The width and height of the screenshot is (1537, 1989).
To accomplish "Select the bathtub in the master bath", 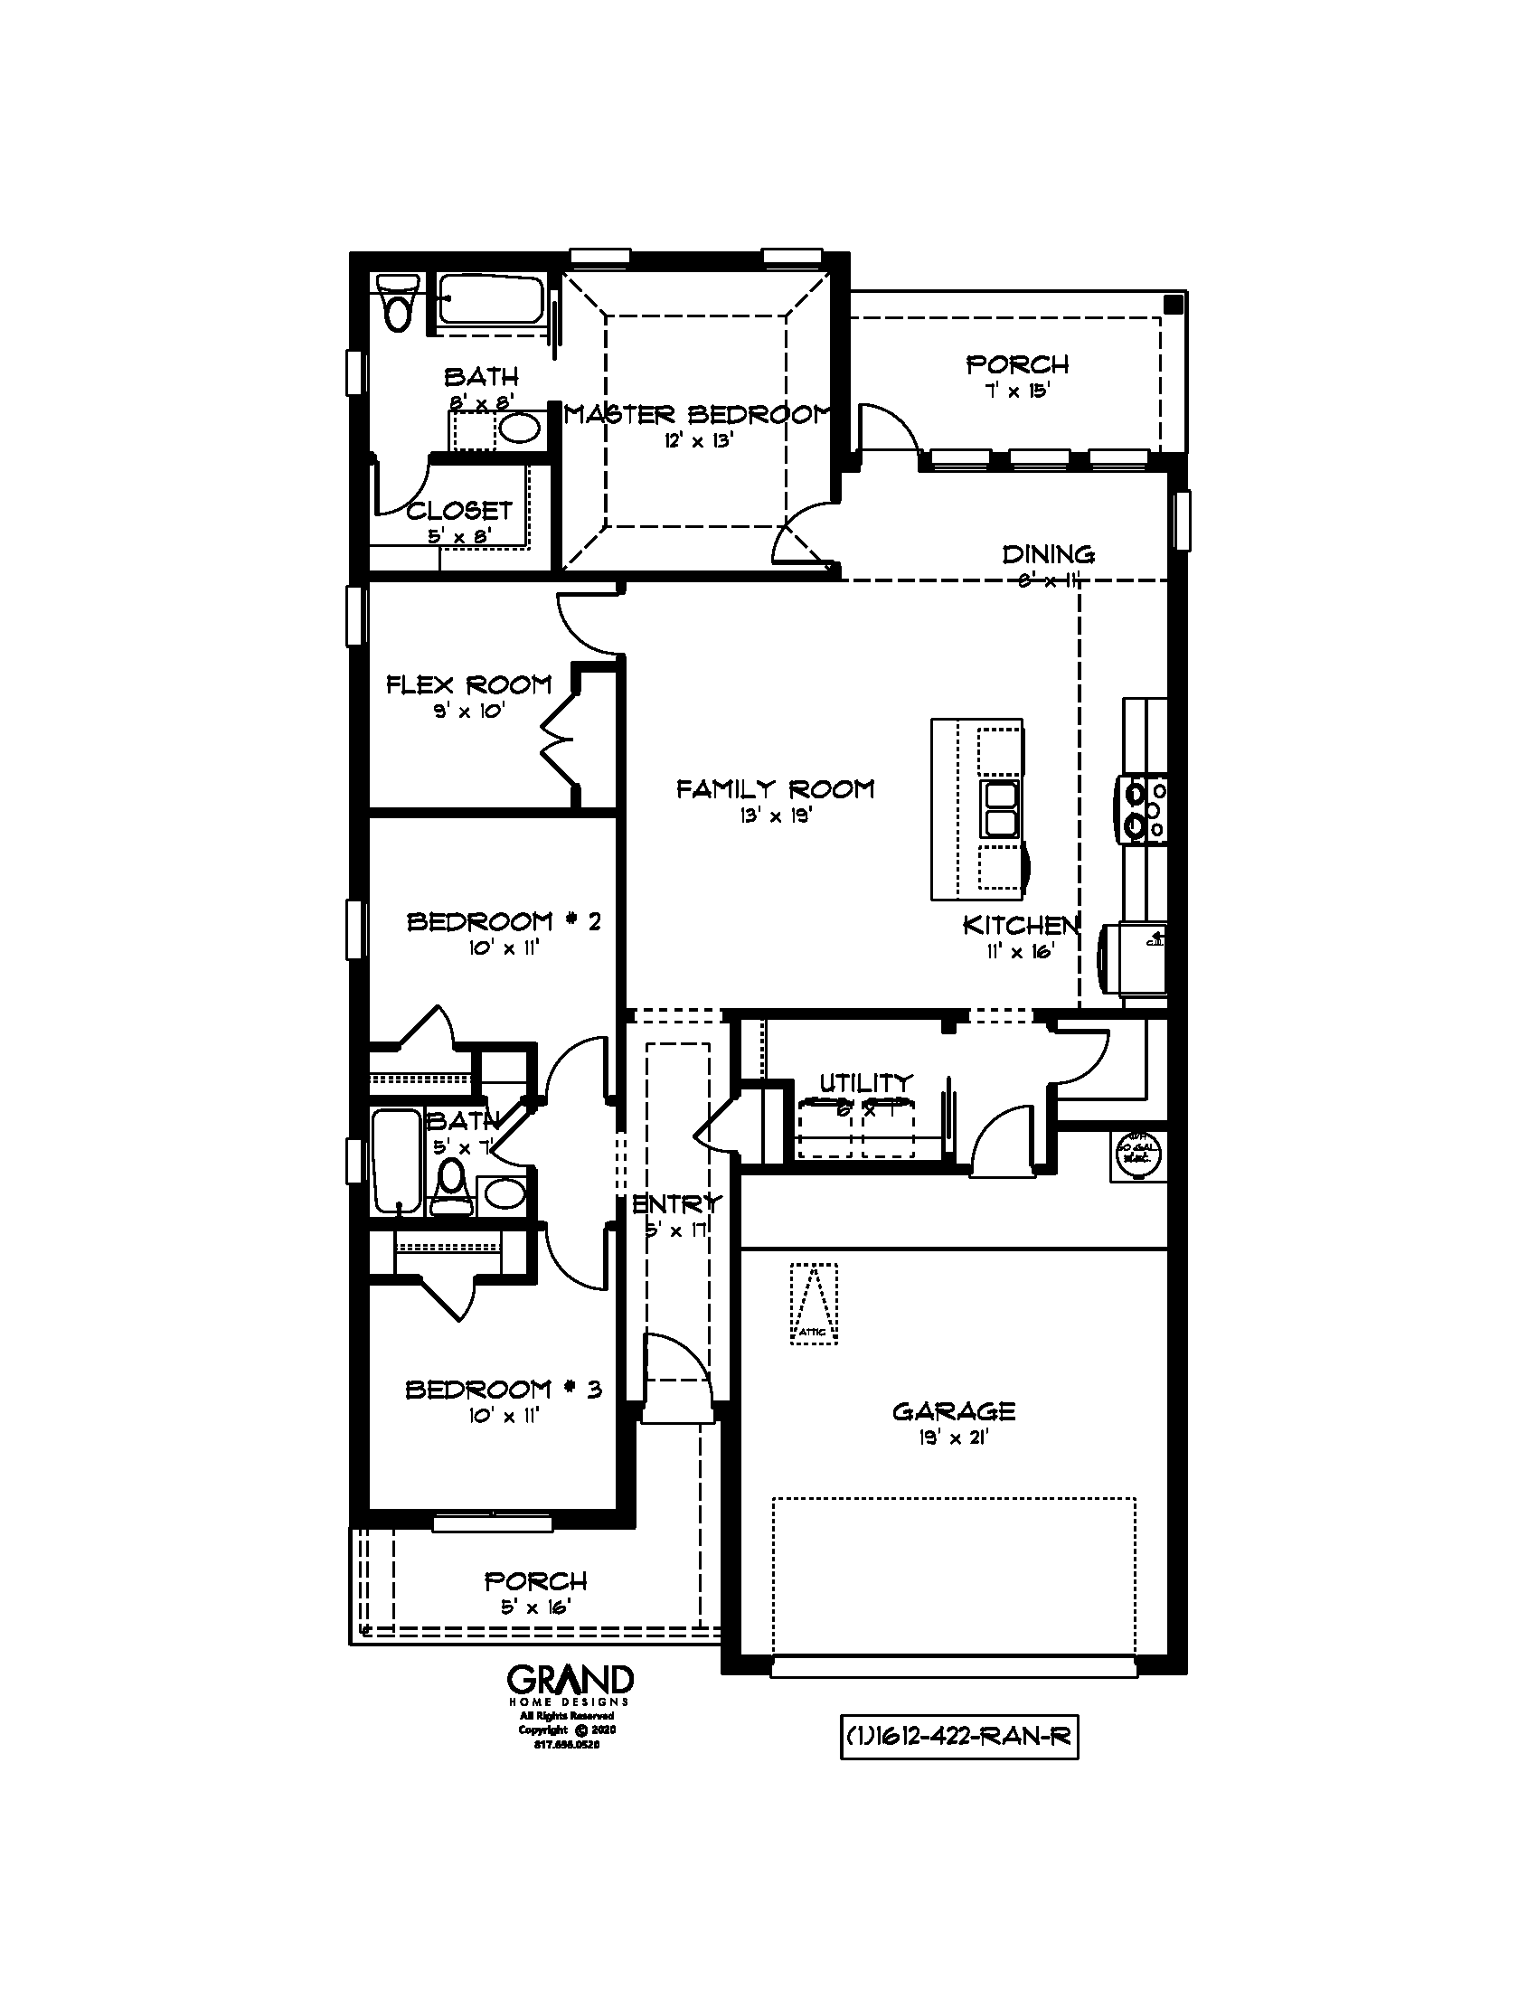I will pyautogui.click(x=492, y=299).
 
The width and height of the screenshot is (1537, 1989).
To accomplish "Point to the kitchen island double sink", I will pyautogui.click(x=1001, y=809).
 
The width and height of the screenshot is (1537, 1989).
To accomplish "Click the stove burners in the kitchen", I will pyautogui.click(x=1145, y=809).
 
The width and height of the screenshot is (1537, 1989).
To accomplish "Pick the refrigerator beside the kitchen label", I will pyautogui.click(x=1135, y=959).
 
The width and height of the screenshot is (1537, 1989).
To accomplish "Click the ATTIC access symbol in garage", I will pyautogui.click(x=814, y=1303).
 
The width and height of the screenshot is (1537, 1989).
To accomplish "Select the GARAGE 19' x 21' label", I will pyautogui.click(x=953, y=1422).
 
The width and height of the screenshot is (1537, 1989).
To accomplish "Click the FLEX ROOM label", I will pyautogui.click(x=469, y=685).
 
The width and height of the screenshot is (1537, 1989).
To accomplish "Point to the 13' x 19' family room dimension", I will pyautogui.click(x=775, y=817).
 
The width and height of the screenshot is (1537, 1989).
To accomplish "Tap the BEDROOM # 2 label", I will pyautogui.click(x=504, y=921).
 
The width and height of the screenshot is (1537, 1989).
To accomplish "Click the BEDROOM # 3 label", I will pyautogui.click(x=504, y=1390).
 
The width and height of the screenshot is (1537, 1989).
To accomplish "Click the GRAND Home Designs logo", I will pyautogui.click(x=570, y=1684).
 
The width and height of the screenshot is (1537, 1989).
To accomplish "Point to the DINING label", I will pyautogui.click(x=1048, y=554).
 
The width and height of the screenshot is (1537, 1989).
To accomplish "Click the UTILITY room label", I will pyautogui.click(x=865, y=1083).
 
